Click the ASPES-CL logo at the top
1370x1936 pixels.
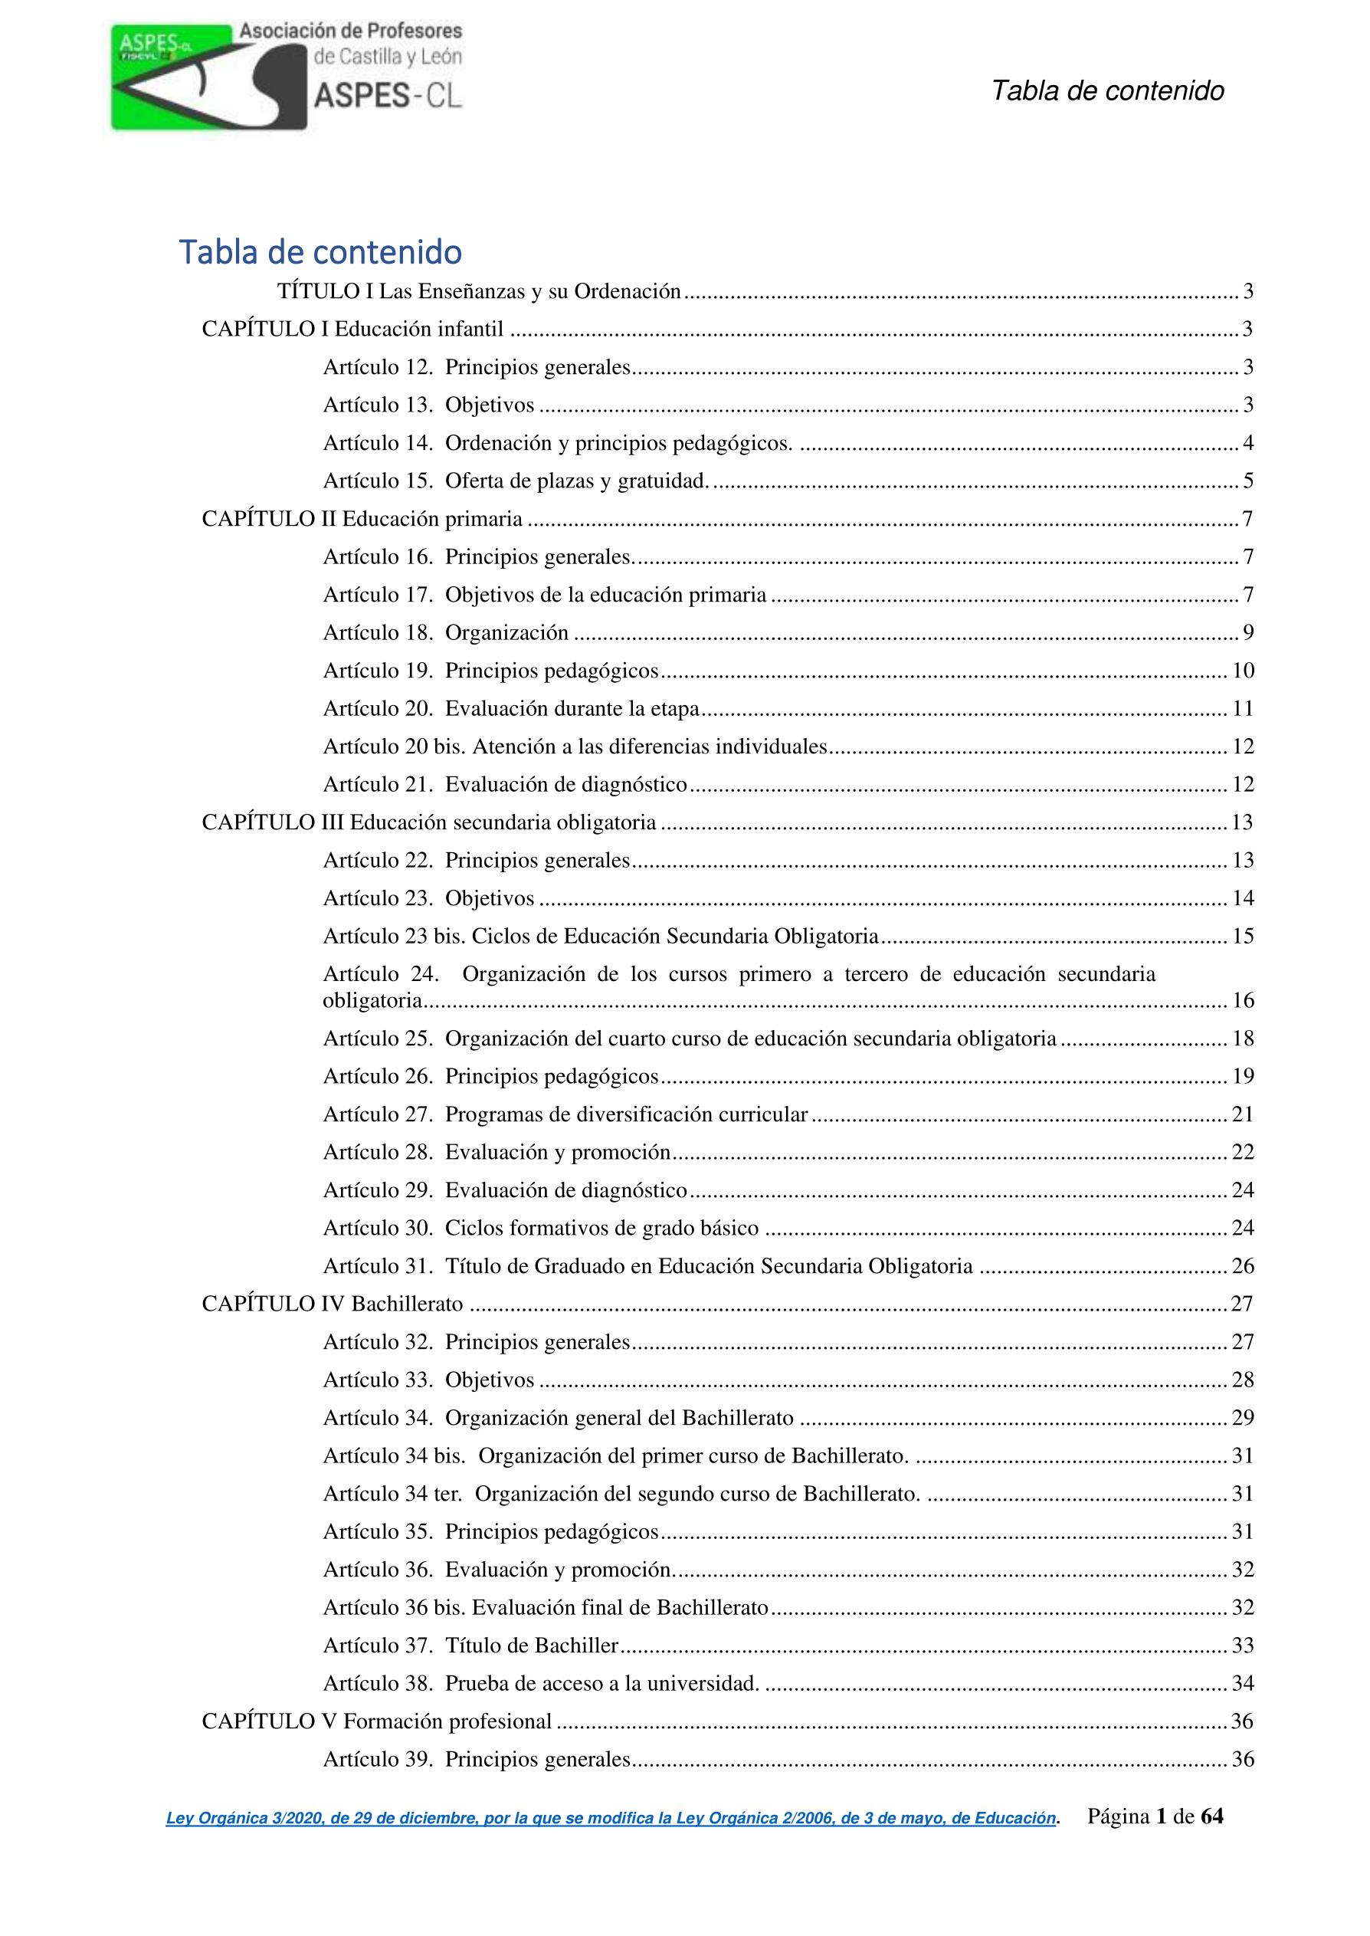[287, 76]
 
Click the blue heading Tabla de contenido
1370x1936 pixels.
[320, 252]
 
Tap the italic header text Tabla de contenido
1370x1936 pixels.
[1106, 91]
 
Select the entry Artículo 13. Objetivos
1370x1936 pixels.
[428, 405]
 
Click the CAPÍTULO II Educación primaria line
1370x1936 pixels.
[362, 519]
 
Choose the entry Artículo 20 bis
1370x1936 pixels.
[575, 747]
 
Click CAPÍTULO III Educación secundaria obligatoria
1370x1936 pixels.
[428, 822]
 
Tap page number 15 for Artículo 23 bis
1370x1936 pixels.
[1243, 937]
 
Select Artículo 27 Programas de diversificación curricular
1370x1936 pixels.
[565, 1114]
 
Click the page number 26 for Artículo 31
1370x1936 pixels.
[1243, 1266]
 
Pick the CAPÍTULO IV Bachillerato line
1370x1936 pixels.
[333, 1304]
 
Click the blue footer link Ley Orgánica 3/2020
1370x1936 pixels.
[611, 1819]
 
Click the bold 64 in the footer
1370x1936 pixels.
[1211, 1816]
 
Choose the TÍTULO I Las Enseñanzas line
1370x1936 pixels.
[478, 292]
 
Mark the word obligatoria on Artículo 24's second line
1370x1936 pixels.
[372, 1000]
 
